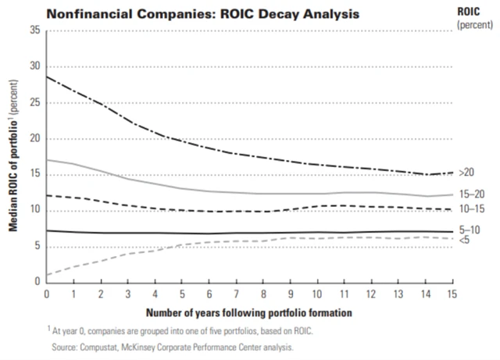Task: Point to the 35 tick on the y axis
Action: click(x=34, y=30)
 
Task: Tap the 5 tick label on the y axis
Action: click(x=37, y=246)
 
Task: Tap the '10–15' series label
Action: click(x=471, y=210)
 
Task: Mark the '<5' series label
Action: click(x=464, y=239)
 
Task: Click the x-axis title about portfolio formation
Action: click(x=238, y=312)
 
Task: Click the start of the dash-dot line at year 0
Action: click(x=47, y=77)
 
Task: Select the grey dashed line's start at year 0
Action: click(x=47, y=275)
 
